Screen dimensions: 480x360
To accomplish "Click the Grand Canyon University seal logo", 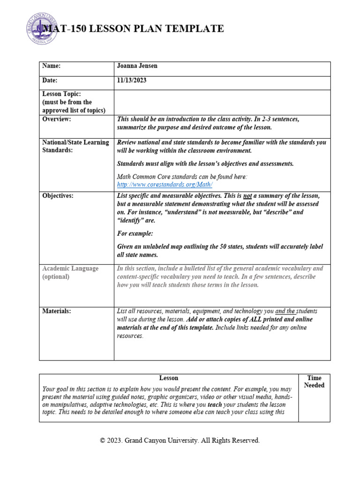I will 41,29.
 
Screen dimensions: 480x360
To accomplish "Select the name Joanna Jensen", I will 137,66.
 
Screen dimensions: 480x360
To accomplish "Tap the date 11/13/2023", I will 132,81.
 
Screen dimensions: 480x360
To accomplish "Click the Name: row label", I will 52,66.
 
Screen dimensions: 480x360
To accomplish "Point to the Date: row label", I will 50,81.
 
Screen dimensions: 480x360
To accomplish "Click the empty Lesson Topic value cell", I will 222,102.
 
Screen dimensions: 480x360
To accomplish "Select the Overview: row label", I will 57,120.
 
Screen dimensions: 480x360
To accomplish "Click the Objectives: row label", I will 58,196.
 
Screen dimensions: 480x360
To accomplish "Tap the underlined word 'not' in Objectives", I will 247,196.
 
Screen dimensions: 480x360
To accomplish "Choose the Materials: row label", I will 57,311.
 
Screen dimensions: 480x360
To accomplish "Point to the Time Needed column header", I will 314,382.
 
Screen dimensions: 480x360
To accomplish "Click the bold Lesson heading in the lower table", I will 168,378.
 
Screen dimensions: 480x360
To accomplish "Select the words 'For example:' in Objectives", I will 135,233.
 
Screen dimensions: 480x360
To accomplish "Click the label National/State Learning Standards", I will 75,147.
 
